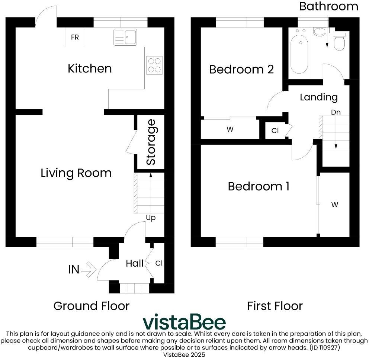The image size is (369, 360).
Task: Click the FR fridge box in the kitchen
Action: click(75, 38)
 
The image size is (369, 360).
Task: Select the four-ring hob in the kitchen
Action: click(155, 65)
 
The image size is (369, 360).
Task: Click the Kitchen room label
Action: click(90, 68)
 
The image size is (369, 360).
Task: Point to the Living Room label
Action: click(76, 173)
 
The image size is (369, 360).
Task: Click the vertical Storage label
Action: click(151, 142)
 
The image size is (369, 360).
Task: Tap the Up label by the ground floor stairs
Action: click(150, 218)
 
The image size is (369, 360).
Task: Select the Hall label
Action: click(134, 264)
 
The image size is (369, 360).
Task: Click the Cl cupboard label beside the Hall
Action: click(159, 263)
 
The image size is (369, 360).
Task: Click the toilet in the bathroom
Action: click(339, 42)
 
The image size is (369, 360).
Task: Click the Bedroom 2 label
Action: click(241, 69)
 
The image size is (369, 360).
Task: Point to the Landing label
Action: click(319, 97)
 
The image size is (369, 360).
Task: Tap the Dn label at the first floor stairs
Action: click(336, 112)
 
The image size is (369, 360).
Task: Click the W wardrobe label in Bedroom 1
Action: click(335, 205)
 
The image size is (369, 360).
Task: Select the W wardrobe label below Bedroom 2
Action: click(230, 129)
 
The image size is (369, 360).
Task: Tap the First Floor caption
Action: click(275, 306)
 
